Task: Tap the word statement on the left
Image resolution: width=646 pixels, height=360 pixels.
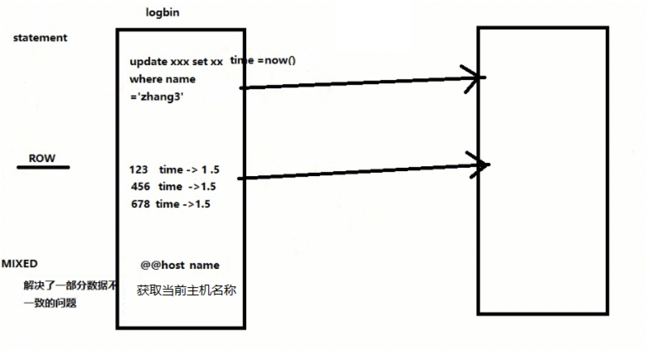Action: pyautogui.click(x=40, y=38)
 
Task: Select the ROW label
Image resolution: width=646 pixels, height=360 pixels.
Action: pyautogui.click(x=42, y=158)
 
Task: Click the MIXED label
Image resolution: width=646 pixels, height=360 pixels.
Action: pyautogui.click(x=20, y=264)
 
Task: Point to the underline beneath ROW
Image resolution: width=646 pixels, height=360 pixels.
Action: pyautogui.click(x=43, y=166)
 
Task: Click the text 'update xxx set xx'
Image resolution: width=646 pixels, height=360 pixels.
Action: pyautogui.click(x=176, y=62)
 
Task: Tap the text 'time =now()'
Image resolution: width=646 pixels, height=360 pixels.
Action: pyautogui.click(x=263, y=60)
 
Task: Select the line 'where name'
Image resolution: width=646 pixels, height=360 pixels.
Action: pyautogui.click(x=162, y=79)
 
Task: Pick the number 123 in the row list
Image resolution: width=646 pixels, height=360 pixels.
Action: pyautogui.click(x=139, y=170)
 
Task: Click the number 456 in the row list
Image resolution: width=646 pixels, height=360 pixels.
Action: pyautogui.click(x=141, y=187)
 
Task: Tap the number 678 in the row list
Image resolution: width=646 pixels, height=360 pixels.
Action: pyautogui.click(x=140, y=204)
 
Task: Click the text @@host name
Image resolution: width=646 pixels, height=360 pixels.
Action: pyautogui.click(x=180, y=266)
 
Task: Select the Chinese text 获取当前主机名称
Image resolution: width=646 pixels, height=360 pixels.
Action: pyautogui.click(x=187, y=290)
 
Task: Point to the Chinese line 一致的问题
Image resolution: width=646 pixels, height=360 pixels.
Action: pyautogui.click(x=50, y=303)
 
